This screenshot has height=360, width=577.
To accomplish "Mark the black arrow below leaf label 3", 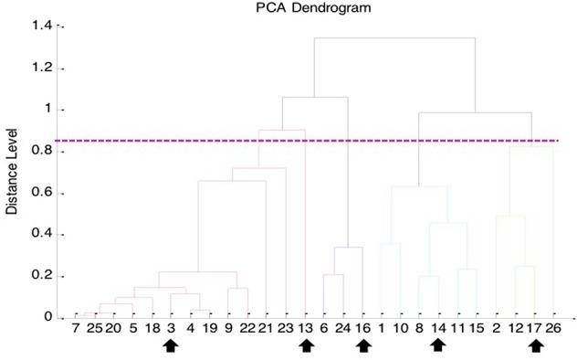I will pos(170,345).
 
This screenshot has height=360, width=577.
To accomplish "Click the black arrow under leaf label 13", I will pos(307,345).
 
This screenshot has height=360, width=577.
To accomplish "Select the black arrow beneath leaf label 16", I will pos(364,345).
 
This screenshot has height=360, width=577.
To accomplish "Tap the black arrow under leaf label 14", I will pos(438,345).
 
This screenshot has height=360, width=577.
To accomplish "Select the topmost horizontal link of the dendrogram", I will pos(394,38).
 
